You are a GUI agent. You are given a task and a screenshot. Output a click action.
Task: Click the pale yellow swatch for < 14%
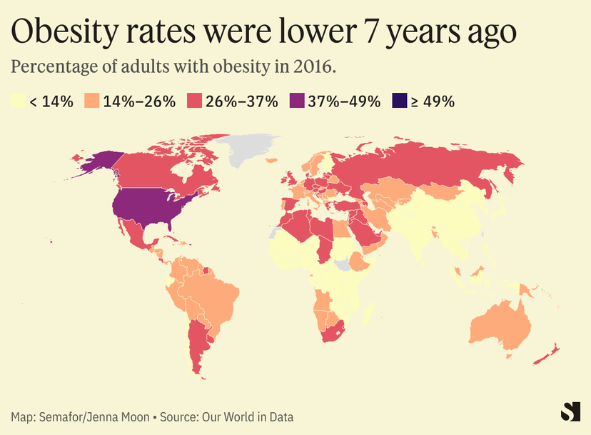(x=19, y=101)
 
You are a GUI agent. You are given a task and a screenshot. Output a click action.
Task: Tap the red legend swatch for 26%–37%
(x=194, y=101)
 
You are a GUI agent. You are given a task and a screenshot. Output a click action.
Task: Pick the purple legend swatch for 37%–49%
(x=296, y=101)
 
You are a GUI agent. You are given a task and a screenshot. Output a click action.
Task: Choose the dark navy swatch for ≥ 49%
(x=399, y=101)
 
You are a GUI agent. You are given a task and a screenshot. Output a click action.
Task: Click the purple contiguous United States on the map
(x=150, y=207)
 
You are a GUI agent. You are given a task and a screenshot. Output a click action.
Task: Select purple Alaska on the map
(x=96, y=162)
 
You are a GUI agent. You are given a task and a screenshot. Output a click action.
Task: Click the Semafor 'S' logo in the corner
(x=570, y=411)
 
